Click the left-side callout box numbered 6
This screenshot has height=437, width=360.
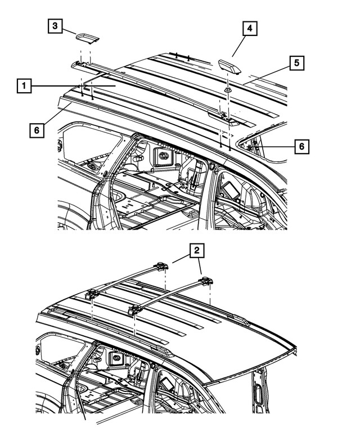[36, 130]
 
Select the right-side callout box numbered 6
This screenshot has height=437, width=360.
[301, 146]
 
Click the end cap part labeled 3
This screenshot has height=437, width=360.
[86, 37]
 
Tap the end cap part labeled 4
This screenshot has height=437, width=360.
[229, 66]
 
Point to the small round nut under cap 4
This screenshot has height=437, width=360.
[228, 90]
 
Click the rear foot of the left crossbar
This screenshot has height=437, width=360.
[164, 267]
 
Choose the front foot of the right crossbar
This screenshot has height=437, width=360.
[135, 309]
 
